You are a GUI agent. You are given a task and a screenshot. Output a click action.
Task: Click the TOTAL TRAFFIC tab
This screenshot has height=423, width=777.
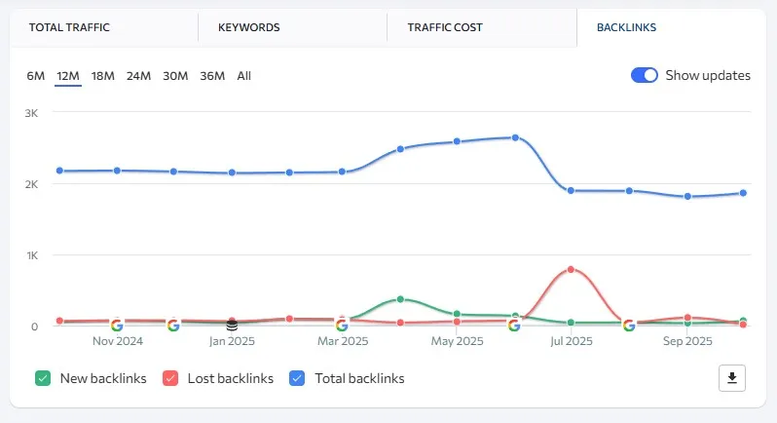point(69,27)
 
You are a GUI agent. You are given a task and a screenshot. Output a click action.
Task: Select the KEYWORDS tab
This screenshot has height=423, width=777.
point(249,27)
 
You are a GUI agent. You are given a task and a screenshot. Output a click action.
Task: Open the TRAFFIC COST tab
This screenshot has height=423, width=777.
point(445,27)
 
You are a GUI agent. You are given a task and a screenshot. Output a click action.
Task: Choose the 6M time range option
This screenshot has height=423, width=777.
point(35,76)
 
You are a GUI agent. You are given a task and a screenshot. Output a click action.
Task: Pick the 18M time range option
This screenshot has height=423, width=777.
point(102,76)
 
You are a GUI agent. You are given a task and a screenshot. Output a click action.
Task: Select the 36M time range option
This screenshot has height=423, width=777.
point(212,76)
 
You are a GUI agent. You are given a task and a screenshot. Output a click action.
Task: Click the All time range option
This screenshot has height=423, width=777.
point(243,76)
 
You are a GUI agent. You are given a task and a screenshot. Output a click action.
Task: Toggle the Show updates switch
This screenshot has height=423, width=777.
point(645,75)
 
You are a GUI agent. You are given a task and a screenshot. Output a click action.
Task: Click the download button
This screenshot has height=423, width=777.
point(731,378)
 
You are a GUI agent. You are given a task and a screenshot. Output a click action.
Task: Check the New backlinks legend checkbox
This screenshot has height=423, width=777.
point(43,378)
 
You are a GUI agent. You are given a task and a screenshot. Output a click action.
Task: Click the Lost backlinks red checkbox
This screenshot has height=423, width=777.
point(170,378)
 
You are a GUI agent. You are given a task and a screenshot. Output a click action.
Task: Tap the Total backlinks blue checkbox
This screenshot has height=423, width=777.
point(298,378)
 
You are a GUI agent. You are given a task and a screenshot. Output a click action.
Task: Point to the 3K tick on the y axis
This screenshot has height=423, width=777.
point(30,113)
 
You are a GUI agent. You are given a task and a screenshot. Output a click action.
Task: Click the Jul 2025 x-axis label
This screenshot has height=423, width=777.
point(572,342)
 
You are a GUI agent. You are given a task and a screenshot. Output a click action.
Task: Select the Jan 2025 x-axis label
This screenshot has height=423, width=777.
point(232,342)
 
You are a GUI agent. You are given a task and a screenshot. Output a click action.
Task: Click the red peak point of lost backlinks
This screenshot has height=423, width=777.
point(571,269)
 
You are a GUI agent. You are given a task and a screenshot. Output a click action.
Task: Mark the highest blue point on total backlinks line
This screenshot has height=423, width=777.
point(515,137)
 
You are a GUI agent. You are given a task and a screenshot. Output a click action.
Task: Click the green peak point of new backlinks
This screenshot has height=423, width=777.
point(400,299)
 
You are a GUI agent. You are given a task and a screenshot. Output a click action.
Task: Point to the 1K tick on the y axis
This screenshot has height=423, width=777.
point(30,255)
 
